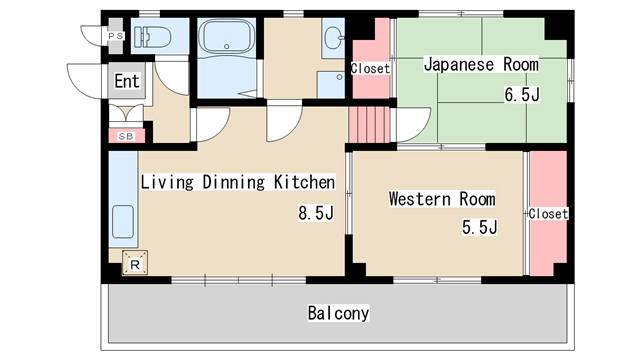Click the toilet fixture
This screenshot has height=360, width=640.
click(152, 37)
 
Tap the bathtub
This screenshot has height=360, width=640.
click(227, 36)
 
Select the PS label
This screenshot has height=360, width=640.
click(116, 36)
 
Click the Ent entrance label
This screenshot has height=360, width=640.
click(127, 81)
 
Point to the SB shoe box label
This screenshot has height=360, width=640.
click(126, 136)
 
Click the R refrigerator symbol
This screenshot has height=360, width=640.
click(135, 262)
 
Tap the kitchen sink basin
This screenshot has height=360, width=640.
click(122, 222)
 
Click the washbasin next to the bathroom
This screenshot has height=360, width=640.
click(334, 38)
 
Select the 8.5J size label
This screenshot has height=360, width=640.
click(316, 213)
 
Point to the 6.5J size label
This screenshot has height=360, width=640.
click(522, 95)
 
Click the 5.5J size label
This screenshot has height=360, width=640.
click(480, 227)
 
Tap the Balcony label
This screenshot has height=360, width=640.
click(338, 313)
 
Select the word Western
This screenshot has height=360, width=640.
click(420, 199)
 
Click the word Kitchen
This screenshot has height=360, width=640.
click(304, 182)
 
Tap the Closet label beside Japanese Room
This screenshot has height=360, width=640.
click(371, 68)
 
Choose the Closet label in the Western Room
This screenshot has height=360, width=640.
click(548, 213)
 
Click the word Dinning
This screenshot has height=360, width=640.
click(233, 182)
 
